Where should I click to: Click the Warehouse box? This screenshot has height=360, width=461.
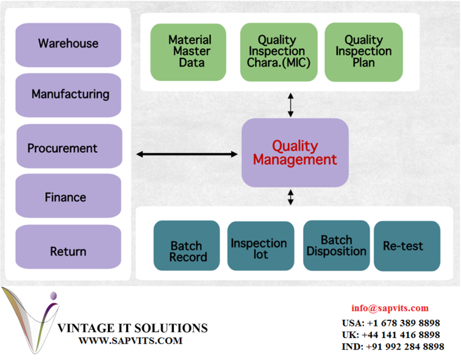68,45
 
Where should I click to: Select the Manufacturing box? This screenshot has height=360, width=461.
68,95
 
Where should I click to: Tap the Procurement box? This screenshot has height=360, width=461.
70,146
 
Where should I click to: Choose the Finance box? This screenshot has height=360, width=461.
68,196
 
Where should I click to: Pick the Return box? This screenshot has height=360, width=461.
68,247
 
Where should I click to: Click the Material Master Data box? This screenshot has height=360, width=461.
188,52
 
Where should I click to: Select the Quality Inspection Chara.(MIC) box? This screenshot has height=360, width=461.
279,52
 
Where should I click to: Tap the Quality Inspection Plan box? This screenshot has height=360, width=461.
363,52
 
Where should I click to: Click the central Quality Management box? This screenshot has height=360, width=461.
295,153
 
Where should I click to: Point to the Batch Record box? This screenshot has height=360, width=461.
187,245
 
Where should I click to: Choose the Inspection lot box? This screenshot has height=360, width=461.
261,245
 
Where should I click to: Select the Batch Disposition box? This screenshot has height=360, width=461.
337,245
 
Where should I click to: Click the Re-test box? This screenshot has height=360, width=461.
407,245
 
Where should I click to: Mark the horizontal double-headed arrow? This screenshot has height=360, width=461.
187,154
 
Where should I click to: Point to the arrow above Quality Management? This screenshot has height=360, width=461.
290,105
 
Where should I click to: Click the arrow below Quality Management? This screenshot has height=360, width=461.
290,197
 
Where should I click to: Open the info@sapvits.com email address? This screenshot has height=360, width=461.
390,308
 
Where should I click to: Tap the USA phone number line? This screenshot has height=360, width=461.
391,323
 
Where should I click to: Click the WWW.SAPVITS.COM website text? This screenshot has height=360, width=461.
130,341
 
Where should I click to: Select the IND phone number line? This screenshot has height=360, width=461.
393,347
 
